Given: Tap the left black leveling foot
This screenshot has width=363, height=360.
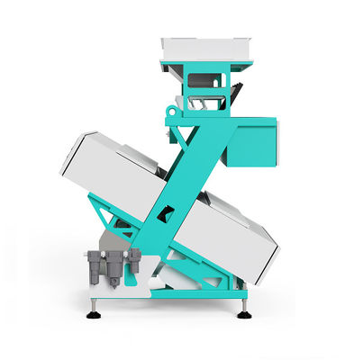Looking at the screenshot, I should (x=93, y=314).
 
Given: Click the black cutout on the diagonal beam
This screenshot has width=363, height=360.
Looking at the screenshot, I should (x=165, y=213).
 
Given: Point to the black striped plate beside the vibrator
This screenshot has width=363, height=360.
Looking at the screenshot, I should (x=237, y=93).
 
